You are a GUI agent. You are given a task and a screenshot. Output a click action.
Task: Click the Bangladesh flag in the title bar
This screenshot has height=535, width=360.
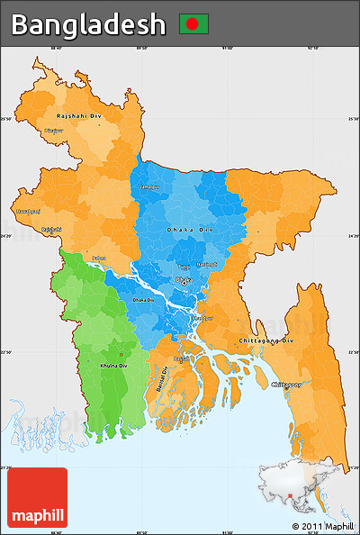click(x=193, y=23)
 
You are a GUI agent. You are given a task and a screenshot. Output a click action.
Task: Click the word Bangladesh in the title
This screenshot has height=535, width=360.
click(x=88, y=24)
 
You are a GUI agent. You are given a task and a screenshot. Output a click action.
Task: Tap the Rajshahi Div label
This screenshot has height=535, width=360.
click(x=79, y=116)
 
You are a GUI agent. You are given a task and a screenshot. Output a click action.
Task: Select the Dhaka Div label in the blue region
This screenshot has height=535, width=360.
click(x=191, y=231)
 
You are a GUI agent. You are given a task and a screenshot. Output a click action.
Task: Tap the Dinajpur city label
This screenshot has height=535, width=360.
click(x=54, y=131)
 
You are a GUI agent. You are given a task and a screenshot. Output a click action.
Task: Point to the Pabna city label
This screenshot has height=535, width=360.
click(x=99, y=258)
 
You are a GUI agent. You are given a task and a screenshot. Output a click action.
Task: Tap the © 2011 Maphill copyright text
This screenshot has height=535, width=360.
click(x=322, y=526)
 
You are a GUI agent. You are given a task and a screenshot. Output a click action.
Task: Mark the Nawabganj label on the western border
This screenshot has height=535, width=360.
click(x=28, y=211)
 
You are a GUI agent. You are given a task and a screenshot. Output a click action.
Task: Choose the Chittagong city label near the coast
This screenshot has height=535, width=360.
click(x=285, y=384)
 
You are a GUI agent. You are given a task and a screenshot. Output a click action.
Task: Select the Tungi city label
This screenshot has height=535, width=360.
click(x=184, y=267)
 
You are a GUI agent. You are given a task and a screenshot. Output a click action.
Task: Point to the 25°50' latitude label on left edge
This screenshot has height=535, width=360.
click(x=7, y=119)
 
